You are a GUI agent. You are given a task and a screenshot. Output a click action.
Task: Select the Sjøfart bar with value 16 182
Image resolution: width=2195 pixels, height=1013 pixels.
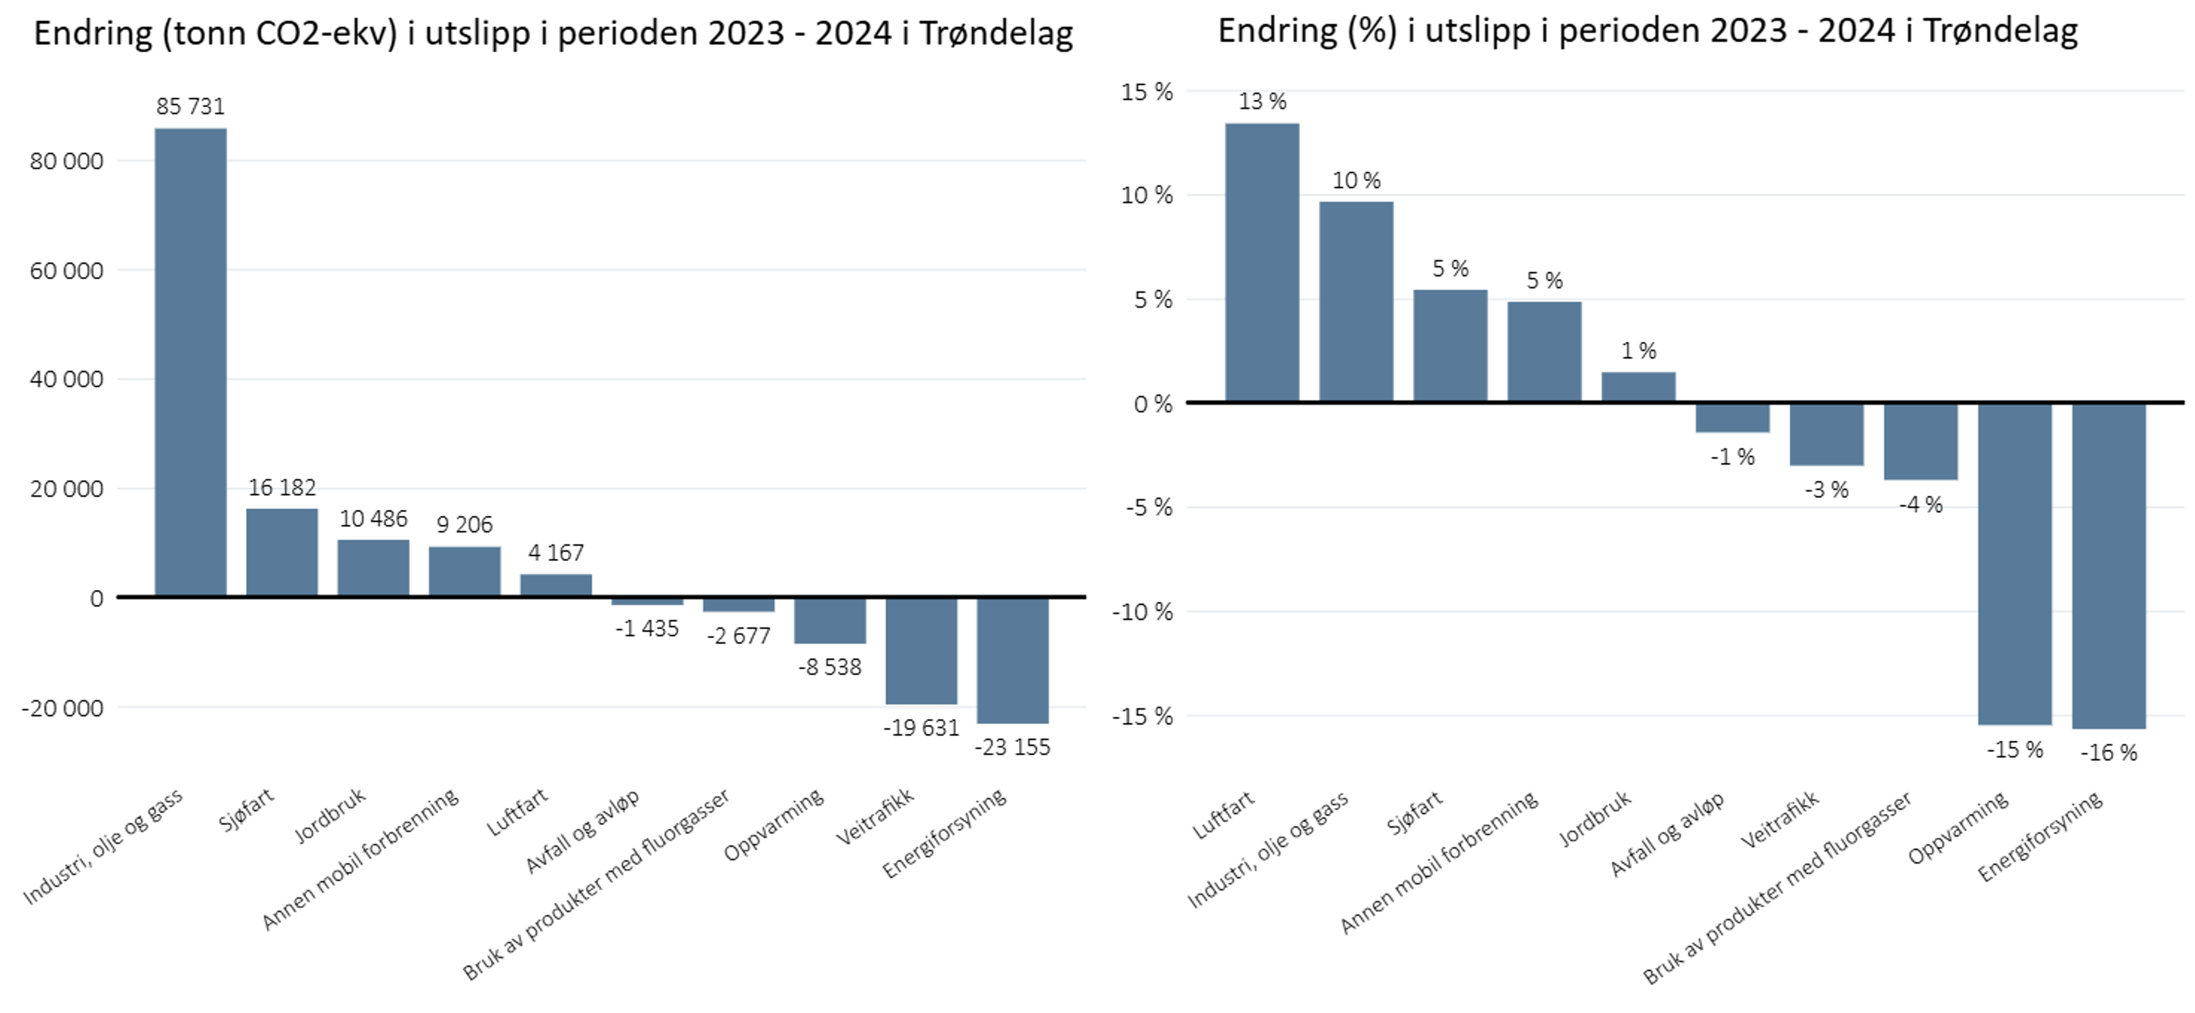click(282, 552)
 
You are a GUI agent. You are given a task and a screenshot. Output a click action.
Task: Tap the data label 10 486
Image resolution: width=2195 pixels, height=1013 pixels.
click(373, 519)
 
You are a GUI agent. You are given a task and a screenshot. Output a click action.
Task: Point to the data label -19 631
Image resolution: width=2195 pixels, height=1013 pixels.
click(921, 728)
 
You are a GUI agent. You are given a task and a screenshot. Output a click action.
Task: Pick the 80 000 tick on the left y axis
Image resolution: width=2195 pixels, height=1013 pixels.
click(66, 161)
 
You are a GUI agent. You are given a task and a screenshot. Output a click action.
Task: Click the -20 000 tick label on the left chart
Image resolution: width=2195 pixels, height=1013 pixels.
click(62, 708)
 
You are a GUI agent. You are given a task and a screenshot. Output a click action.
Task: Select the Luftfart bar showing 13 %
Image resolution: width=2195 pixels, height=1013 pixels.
click(1262, 263)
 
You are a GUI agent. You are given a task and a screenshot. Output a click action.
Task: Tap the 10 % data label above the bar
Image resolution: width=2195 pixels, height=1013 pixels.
click(1356, 181)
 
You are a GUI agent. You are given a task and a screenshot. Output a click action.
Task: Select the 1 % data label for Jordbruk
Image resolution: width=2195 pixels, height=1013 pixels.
click(1638, 351)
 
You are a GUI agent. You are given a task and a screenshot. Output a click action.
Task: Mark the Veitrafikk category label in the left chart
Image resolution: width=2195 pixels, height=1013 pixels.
click(875, 816)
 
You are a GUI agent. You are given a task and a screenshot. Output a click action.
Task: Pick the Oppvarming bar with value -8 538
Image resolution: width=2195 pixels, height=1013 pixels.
click(830, 620)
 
